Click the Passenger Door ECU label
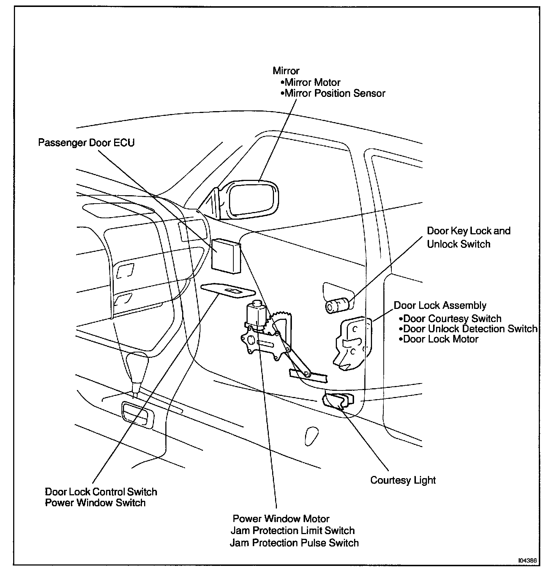[86, 143]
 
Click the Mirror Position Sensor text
[335, 94]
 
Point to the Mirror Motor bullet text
[312, 83]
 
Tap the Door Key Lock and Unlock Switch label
[468, 237]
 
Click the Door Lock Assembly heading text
[440, 306]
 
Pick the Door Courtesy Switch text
[452, 319]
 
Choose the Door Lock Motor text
[440, 339]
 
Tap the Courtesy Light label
[403, 480]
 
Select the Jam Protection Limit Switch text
[293, 530]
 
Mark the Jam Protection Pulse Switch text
[294, 543]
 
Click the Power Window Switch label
[95, 503]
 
